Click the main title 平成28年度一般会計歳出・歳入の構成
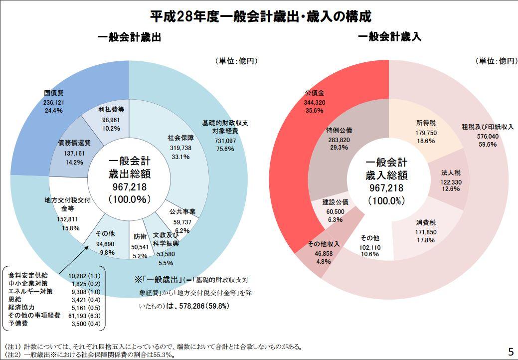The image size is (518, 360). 261,17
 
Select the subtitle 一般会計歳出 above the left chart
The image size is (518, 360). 130,37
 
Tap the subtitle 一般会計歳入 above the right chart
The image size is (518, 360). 389,37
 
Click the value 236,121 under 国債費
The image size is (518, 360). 54,102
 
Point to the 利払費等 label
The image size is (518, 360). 111,109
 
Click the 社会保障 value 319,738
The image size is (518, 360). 180,148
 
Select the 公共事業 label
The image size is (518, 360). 182,212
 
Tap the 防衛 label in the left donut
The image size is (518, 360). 140,236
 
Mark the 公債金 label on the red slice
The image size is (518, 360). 315,93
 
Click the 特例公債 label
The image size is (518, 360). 339,131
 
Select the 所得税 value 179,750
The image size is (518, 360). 426,133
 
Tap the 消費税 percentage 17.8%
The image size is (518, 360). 426,240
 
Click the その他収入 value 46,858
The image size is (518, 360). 324,253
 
